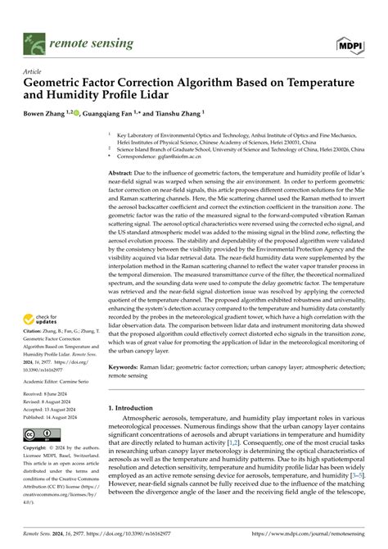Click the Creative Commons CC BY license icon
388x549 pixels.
42,433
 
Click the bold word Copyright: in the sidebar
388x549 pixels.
40,449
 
